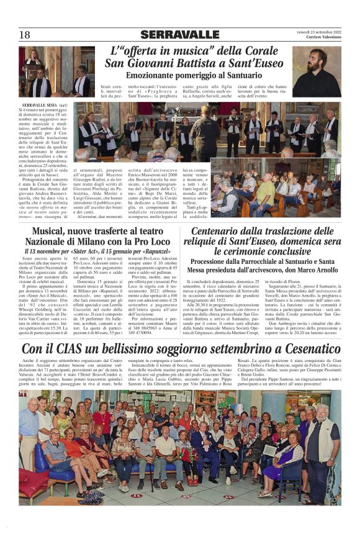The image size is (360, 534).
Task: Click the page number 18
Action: coord(24,35)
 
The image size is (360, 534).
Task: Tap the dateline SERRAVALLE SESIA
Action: coord(37,105)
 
